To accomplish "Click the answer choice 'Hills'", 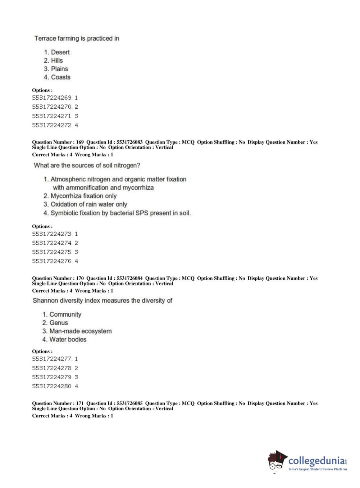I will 56,60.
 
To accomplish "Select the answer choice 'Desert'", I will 60,52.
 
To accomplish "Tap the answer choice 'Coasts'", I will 60,77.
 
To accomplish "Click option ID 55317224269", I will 52,98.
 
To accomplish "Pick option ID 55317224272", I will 52,125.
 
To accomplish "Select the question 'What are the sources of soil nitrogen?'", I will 87,166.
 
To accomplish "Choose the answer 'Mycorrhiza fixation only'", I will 83,196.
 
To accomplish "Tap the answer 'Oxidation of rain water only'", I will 89,204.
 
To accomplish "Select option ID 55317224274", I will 52,243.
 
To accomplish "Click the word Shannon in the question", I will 45,301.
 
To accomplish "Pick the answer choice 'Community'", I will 65,315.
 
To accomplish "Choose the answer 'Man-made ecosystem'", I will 80,331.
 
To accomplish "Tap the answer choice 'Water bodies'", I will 68,339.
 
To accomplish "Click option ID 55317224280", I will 52,386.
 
